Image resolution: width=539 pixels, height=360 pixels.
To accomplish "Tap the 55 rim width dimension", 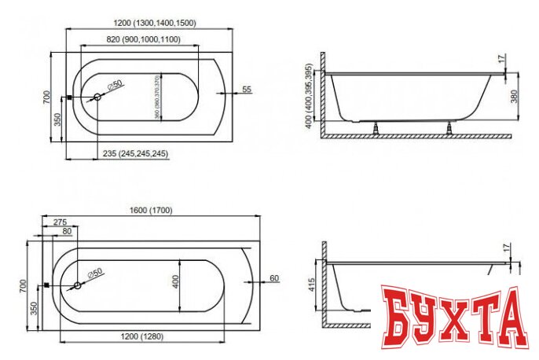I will (x=246, y=90).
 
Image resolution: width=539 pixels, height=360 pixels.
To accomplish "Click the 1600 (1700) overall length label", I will (x=152, y=210).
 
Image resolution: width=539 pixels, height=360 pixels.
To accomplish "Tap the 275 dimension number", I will (x=60, y=222).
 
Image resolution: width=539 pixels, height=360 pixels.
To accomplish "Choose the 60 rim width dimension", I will (x=273, y=278).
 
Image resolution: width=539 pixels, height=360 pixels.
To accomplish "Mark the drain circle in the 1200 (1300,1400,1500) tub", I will (x=97, y=98).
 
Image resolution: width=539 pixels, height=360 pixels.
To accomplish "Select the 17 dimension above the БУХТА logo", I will (x=507, y=248).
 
